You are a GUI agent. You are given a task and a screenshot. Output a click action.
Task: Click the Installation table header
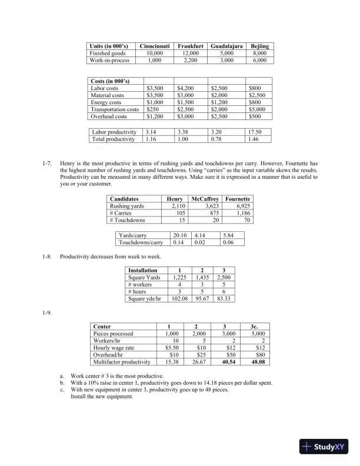[142, 270]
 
